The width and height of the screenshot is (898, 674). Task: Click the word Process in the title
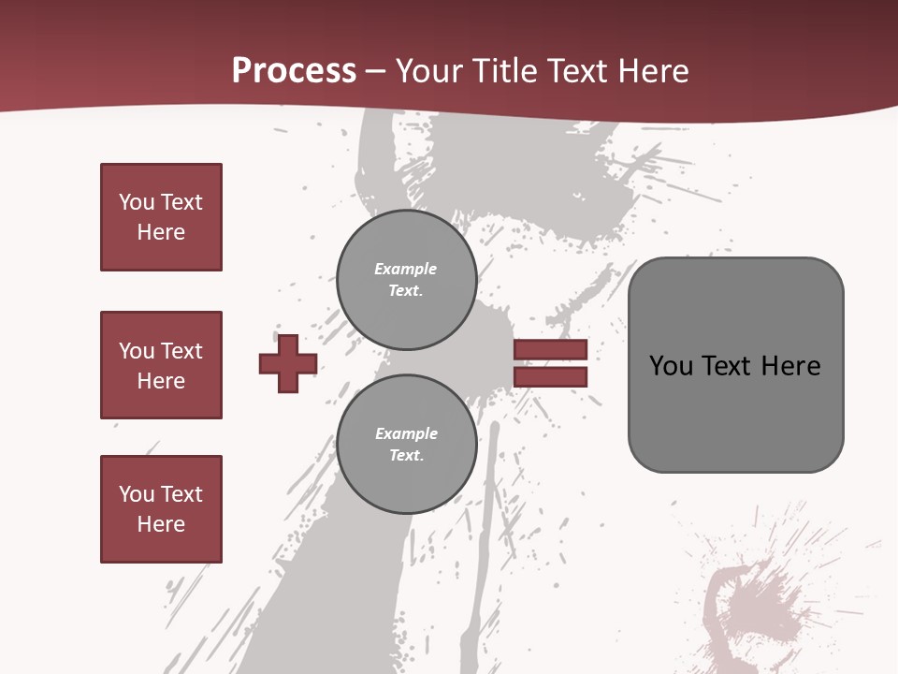pos(294,71)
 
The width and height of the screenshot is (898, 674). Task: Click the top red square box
pos(161,217)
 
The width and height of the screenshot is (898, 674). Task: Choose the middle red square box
pos(161,365)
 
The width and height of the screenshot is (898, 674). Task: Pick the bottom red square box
pos(161,509)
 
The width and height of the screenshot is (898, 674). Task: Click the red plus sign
pos(288,363)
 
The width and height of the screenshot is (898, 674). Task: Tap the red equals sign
pos(550,363)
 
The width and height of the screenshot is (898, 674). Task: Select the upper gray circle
pos(407,280)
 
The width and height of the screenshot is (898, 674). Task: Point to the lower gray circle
pos(407,445)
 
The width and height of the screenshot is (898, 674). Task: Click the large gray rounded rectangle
pos(735,365)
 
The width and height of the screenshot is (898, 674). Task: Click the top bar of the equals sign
pos(550,350)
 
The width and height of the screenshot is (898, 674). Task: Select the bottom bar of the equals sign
pos(550,377)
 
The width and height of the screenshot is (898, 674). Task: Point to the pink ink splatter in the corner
pos(758,599)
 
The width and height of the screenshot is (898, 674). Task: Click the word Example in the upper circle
pos(406,270)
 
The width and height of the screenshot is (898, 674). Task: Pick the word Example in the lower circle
pos(406,434)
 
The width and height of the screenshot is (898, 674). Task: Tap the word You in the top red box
pos(137,202)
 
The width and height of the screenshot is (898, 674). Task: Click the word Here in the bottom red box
pos(161,524)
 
